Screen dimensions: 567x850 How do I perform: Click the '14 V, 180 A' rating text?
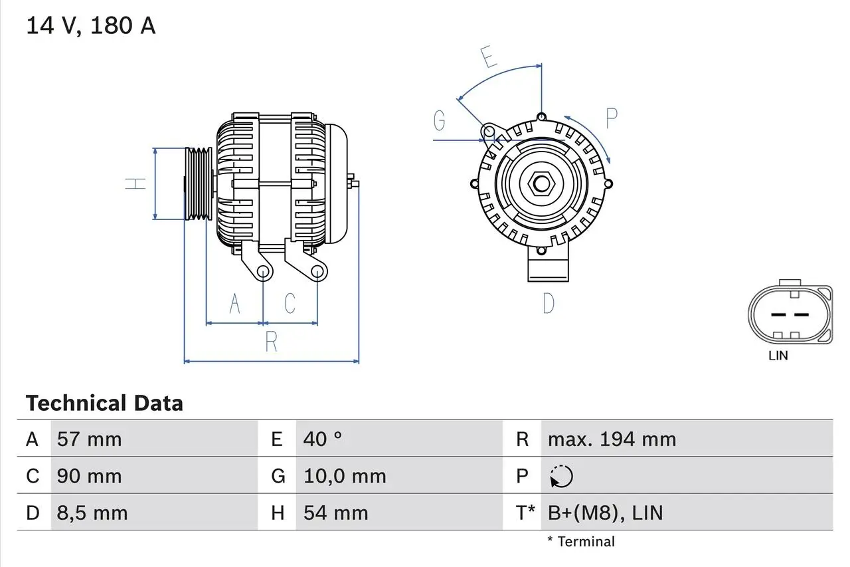coord(91,26)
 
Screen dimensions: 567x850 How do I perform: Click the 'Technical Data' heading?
coord(104,403)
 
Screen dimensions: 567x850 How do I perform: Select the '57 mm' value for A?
coord(90,439)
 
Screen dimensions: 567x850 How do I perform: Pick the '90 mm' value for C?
coord(90,476)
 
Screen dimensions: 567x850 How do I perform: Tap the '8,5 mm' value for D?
coord(92,512)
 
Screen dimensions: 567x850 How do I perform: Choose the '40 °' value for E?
coord(323,439)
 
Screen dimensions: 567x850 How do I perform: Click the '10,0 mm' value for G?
coord(345,476)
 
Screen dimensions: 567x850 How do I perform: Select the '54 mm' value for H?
coord(335,512)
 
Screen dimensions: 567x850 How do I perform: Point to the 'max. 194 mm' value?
coord(612,439)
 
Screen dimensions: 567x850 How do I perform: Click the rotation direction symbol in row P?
coord(561,476)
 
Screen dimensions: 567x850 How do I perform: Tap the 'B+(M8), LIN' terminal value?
coord(605,512)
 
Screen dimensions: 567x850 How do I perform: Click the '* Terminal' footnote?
coord(581,542)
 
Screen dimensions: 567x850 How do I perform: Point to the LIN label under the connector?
coord(778,356)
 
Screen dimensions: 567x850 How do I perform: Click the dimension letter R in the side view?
coord(271,342)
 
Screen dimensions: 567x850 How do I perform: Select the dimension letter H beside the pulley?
coord(136,183)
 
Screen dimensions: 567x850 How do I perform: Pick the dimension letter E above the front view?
coord(489,58)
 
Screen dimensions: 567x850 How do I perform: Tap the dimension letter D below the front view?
coord(549,304)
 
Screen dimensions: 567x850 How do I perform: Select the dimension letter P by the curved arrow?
coord(612,118)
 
